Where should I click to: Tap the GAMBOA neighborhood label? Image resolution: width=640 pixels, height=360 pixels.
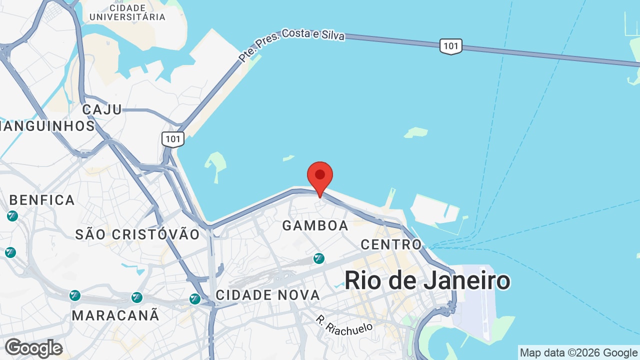(x=315, y=226)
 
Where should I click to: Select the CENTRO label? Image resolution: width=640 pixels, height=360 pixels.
(x=391, y=244)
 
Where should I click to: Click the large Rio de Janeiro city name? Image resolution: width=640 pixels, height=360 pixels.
(x=427, y=280)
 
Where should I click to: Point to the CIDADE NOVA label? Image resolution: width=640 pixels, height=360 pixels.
(x=267, y=295)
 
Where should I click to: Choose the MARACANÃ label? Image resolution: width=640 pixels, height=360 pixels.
(x=115, y=315)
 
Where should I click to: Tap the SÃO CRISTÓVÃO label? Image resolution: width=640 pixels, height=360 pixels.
(x=137, y=234)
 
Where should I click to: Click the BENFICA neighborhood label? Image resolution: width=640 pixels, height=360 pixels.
(x=42, y=200)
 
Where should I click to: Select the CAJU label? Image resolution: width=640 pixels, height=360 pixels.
(x=102, y=109)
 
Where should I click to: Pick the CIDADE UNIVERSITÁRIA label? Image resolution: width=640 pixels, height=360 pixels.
(x=127, y=12)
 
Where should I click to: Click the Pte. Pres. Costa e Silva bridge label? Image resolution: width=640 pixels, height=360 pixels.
(x=291, y=43)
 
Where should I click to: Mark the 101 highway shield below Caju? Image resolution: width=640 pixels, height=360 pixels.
(x=173, y=139)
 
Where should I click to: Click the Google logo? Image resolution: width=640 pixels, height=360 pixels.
(x=33, y=348)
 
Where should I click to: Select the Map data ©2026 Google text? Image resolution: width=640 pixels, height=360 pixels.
(x=578, y=353)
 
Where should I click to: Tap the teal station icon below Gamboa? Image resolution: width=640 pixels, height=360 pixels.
(x=318, y=258)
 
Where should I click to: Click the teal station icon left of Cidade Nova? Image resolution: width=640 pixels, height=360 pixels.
(x=195, y=299)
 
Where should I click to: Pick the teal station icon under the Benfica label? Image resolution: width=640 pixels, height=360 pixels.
(x=12, y=216)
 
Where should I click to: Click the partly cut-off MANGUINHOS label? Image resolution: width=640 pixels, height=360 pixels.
(x=47, y=126)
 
